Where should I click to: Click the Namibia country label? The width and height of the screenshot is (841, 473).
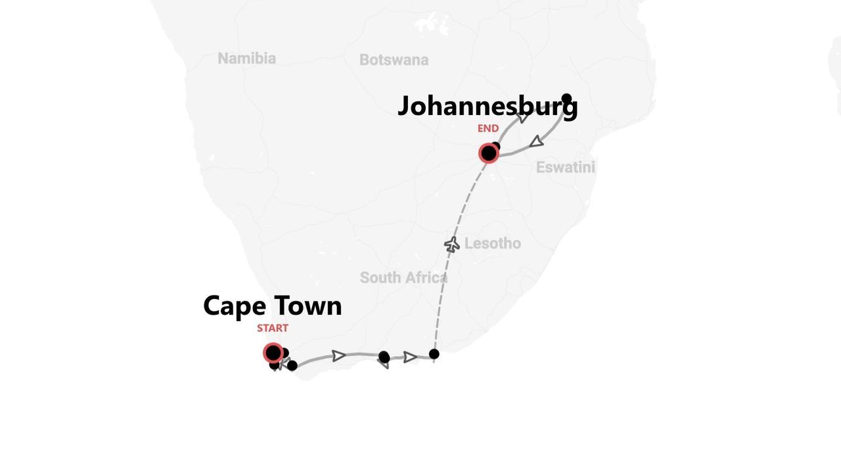coord(246,58)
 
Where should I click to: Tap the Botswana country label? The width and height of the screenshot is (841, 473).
coord(394,60)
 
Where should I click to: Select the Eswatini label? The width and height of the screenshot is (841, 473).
coord(565,168)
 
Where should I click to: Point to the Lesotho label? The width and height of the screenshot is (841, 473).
coord(492,244)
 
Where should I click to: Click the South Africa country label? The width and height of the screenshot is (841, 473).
coord(403,278)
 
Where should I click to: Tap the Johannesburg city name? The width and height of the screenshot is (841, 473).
coord(487,106)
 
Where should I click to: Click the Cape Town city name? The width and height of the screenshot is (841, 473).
coord(272,306)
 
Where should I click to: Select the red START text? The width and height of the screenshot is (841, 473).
coord(272,328)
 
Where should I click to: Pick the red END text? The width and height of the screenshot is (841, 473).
coord(488,129)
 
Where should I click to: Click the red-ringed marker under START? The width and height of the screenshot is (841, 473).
coord(273,353)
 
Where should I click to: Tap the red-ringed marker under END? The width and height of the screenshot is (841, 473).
coord(488,154)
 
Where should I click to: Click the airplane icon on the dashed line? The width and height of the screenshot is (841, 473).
coord(451,244)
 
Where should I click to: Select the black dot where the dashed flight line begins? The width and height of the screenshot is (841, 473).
coord(434,354)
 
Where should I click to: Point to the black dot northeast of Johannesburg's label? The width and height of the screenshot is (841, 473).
coord(566,99)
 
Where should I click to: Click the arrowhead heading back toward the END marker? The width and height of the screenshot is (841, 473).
coord(537,141)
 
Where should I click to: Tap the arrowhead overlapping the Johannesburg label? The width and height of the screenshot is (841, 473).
coord(522,118)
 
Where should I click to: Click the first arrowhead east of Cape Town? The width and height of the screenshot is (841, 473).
coord(338,356)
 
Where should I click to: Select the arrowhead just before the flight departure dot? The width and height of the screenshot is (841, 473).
coord(410,357)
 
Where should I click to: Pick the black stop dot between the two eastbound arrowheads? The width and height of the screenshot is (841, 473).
coord(384,357)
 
